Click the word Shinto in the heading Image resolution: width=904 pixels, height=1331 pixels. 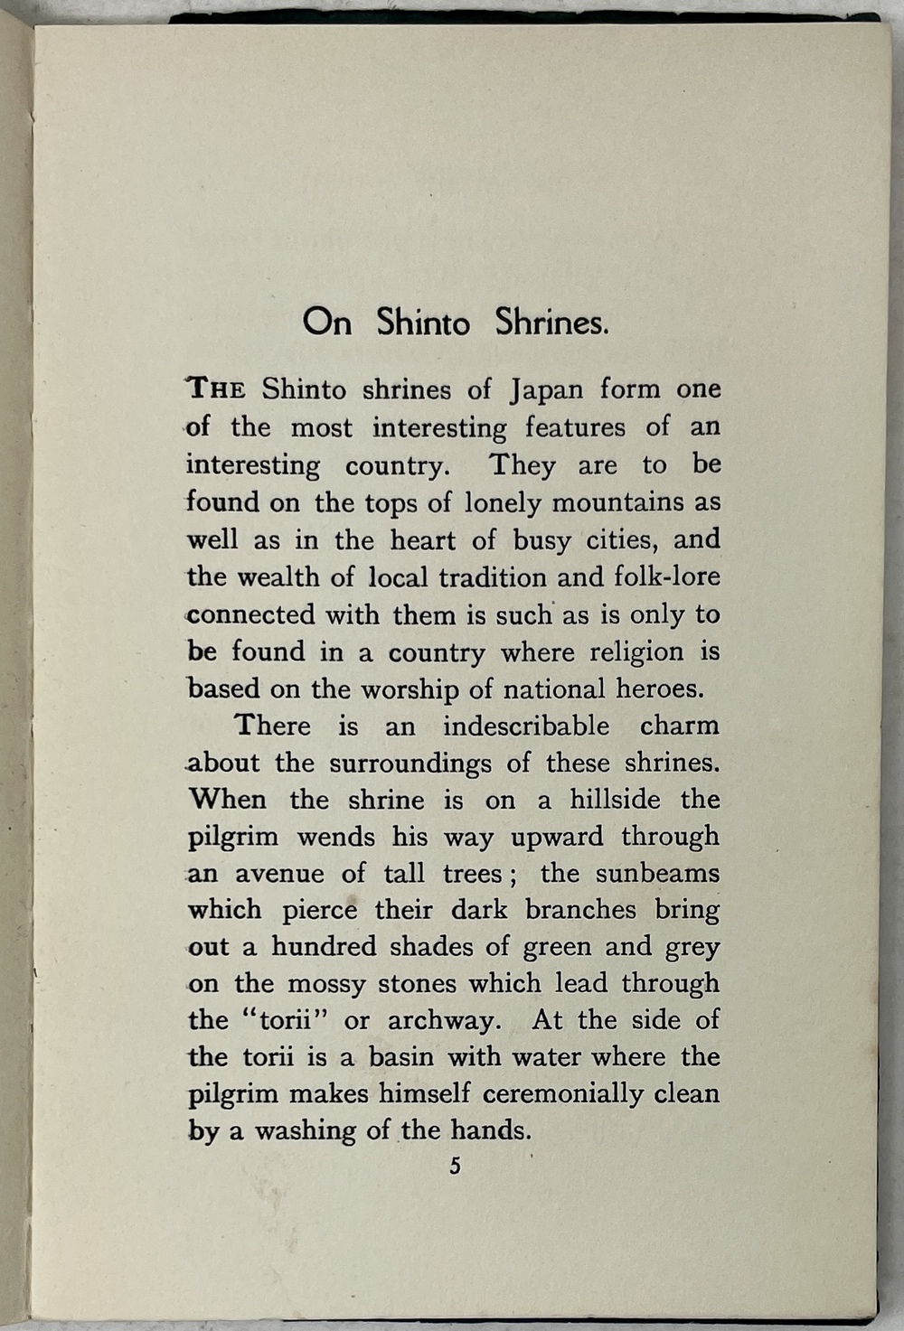pyautogui.click(x=423, y=323)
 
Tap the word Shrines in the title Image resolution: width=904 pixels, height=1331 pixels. pyautogui.click(x=551, y=323)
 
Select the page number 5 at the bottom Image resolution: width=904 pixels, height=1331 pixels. pyautogui.click(x=455, y=1166)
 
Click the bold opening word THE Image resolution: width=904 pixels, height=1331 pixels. pyautogui.click(x=216, y=389)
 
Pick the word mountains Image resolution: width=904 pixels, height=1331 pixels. pyautogui.click(x=618, y=501)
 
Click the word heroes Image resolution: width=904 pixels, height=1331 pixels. pyautogui.click(x=659, y=689)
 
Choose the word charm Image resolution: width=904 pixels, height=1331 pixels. pyautogui.click(x=679, y=726)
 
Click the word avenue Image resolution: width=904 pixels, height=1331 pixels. pyautogui.click(x=279, y=874)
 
